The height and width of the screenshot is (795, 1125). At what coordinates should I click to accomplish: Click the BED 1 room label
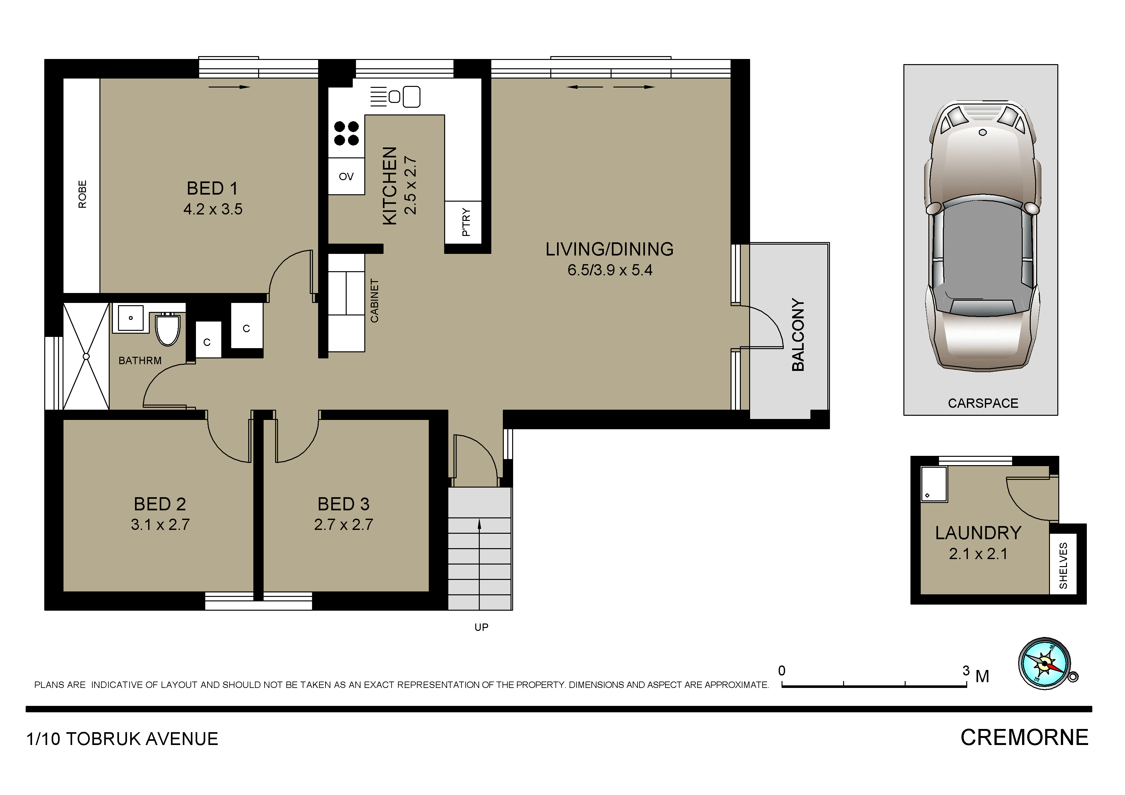[x=212, y=188]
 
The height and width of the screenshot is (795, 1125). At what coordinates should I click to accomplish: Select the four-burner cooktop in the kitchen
[x=346, y=134]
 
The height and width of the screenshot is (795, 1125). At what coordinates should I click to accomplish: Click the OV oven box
[x=346, y=176]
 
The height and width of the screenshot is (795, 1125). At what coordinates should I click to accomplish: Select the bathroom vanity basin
[x=130, y=318]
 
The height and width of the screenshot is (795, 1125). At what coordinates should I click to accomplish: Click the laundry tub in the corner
[x=934, y=484]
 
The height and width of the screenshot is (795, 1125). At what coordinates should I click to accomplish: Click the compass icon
[x=1045, y=664]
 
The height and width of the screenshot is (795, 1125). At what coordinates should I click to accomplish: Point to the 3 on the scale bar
[x=966, y=671]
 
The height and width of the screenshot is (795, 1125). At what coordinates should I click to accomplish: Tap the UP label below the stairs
[x=481, y=627]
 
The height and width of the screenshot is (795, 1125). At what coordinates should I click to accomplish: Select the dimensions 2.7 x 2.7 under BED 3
[x=343, y=525]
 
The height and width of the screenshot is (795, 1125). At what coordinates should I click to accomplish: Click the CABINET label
[x=374, y=301]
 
